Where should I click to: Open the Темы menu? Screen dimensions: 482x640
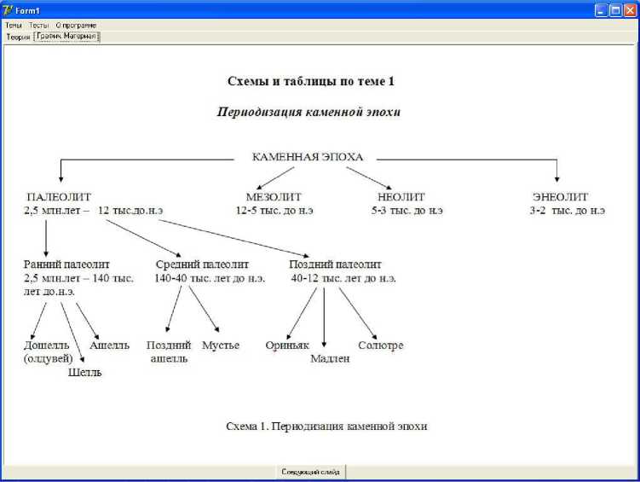pos(14,26)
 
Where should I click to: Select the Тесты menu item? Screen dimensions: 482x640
pos(39,26)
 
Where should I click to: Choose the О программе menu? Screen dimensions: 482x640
pos(76,26)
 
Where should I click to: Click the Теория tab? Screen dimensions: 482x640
pos(18,37)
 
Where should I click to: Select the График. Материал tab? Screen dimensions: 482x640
pos(66,37)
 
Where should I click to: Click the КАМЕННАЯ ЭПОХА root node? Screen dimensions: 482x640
pos(308,157)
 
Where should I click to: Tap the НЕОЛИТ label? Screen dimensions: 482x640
pos(395,196)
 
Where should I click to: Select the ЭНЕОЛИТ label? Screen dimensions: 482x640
pos(560,196)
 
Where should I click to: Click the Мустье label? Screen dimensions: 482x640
pos(221,346)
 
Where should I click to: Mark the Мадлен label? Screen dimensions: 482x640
pos(330,359)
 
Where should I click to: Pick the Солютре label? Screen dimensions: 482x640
pos(381,346)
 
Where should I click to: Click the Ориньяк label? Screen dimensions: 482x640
pos(286,346)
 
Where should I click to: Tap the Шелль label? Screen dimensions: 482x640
pos(84,372)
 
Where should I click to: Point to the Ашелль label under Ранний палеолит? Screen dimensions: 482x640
pos(110,346)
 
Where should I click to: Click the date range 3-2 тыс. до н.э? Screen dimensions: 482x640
pos(567,210)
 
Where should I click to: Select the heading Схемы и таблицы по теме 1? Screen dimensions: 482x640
pos(310,82)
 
